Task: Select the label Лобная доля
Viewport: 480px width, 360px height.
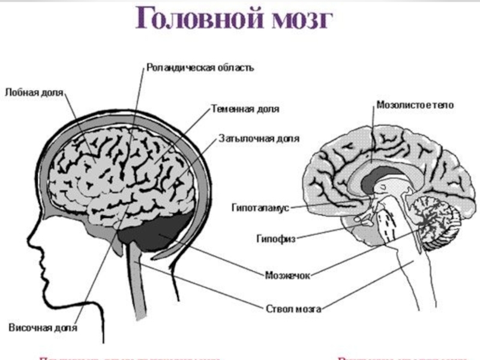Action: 33,94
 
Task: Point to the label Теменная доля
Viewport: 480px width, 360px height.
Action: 245,110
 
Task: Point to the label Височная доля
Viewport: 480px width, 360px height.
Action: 43,328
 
